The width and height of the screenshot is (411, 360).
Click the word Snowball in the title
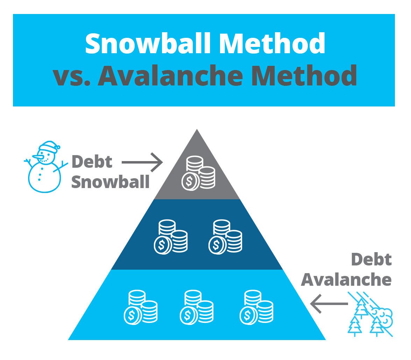tap(148, 43)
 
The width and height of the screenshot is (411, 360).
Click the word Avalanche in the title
tap(170, 75)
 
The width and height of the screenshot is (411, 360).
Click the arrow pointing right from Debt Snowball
tap(142, 162)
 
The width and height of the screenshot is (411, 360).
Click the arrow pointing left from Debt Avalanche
tap(329, 304)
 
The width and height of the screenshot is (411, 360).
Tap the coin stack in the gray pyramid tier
tap(198, 173)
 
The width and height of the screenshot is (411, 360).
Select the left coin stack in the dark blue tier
tap(171, 237)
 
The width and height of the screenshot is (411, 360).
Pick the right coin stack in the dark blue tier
tap(225, 237)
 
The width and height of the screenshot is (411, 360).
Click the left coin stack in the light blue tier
tap(141, 307)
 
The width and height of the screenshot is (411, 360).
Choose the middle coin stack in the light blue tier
tap(197, 307)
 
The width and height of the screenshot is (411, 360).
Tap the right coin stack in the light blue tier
tap(256, 307)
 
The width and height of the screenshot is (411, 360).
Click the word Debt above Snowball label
tap(92, 161)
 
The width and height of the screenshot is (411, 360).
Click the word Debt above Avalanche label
tap(371, 259)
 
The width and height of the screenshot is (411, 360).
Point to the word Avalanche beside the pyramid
tap(346, 280)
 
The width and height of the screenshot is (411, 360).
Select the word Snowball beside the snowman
tap(110, 182)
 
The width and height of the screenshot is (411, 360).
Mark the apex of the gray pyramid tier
tap(197, 129)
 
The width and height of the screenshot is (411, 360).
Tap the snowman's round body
tap(44, 177)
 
